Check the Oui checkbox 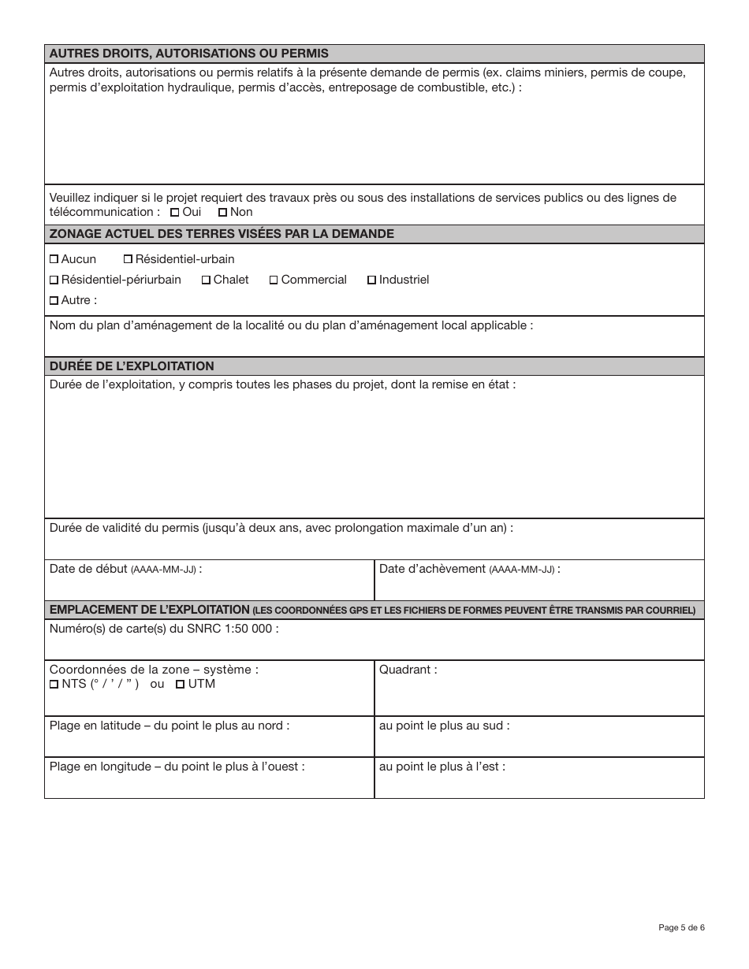[175, 213]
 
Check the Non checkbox [223, 213]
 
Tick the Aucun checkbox [54, 259]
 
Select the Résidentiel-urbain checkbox [129, 259]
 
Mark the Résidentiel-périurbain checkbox [54, 280]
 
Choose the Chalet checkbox [207, 280]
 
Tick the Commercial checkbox [274, 280]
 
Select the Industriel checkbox [372, 280]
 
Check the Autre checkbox [54, 300]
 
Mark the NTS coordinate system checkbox [54, 685]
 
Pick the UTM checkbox [181, 685]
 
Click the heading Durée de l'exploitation [132, 366]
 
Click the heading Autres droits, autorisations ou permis [189, 54]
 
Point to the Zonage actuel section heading [222, 234]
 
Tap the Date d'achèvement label [469, 569]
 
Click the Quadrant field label [408, 670]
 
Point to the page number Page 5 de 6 [681, 927]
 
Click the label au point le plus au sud [444, 726]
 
